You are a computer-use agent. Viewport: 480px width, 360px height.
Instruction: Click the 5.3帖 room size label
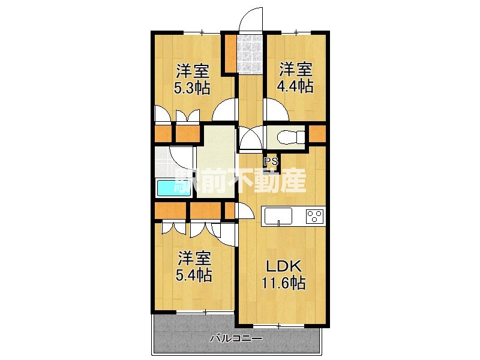[192, 88]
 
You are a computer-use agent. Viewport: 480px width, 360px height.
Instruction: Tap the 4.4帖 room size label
[295, 86]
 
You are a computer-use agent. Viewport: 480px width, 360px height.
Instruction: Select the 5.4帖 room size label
[194, 275]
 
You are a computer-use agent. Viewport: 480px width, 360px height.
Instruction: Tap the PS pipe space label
[271, 161]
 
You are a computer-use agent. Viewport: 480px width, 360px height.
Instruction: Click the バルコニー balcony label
[236, 339]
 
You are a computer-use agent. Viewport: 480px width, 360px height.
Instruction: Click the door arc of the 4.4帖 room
[272, 110]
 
